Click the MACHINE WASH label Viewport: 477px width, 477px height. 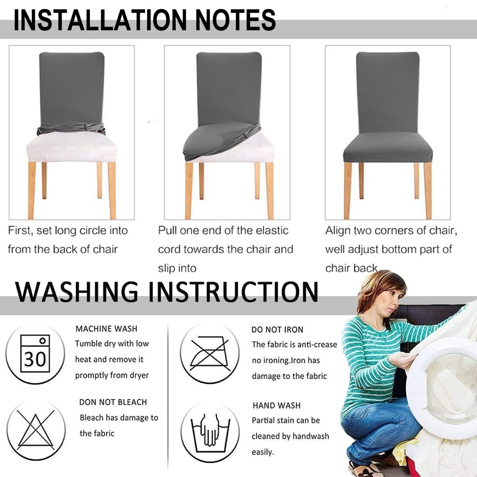click(106, 329)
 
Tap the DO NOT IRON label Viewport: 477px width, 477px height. click(277, 330)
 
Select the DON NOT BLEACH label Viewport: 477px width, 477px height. click(113, 402)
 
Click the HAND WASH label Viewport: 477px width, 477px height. click(276, 405)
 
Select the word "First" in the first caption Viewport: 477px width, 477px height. click(19, 231)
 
